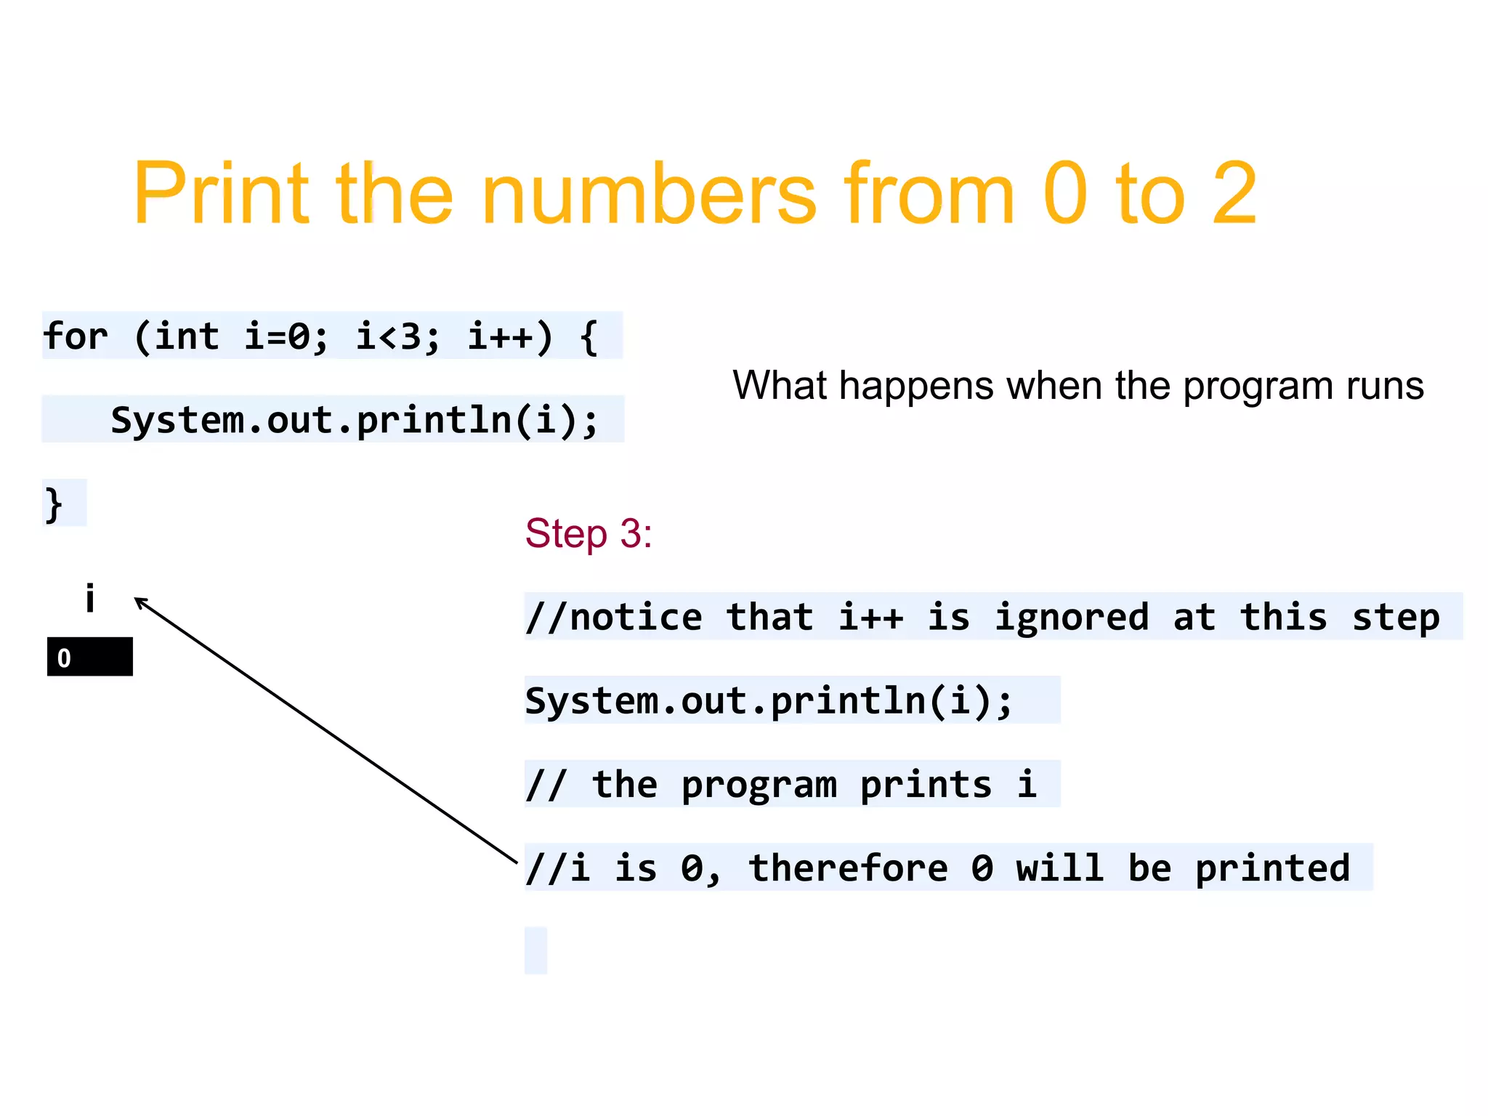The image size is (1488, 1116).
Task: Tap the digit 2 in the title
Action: (x=1234, y=194)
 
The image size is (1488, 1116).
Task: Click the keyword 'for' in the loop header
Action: (x=76, y=336)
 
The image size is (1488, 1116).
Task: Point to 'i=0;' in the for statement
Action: (x=286, y=336)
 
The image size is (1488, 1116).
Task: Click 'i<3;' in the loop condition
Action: (x=397, y=336)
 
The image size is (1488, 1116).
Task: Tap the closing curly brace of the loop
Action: (x=54, y=504)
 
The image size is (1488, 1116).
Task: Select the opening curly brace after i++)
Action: (x=589, y=336)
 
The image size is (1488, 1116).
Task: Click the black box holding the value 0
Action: (x=90, y=657)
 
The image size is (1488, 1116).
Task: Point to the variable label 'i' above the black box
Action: (x=90, y=599)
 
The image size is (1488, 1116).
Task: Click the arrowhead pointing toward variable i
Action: (x=140, y=602)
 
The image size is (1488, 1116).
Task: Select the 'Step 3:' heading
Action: (x=589, y=534)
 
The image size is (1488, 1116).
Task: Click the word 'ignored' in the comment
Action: (x=1072, y=618)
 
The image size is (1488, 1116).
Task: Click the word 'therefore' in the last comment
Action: (x=848, y=868)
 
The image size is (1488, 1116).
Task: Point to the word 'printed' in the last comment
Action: (x=1272, y=868)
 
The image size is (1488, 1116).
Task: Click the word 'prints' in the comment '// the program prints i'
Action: (x=926, y=785)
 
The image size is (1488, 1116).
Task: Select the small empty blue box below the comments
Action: (x=535, y=950)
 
